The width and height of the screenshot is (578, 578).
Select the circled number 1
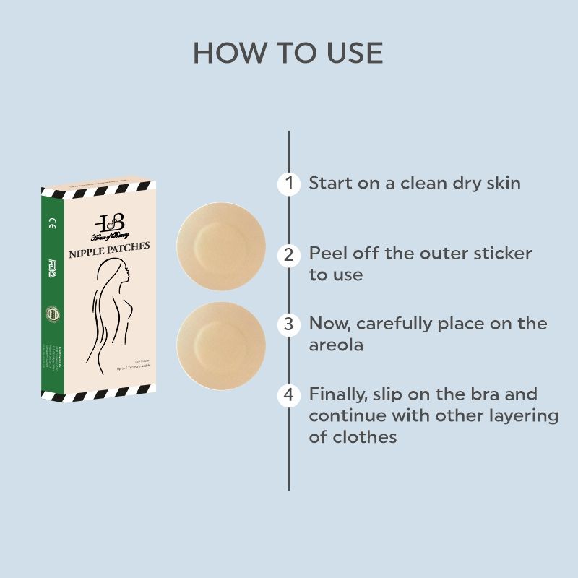(x=289, y=184)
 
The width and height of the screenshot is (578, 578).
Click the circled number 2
(x=289, y=254)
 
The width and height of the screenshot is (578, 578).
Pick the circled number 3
(x=289, y=324)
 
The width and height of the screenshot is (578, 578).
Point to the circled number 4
(x=289, y=395)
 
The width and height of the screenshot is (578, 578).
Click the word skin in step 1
(x=499, y=183)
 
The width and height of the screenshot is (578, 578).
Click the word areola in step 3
(x=336, y=345)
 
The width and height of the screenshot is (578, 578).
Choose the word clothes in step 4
(x=365, y=437)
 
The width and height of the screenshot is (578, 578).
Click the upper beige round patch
(x=221, y=246)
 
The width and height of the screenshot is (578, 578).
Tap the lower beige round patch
(x=221, y=345)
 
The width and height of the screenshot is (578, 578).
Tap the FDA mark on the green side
(x=52, y=263)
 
